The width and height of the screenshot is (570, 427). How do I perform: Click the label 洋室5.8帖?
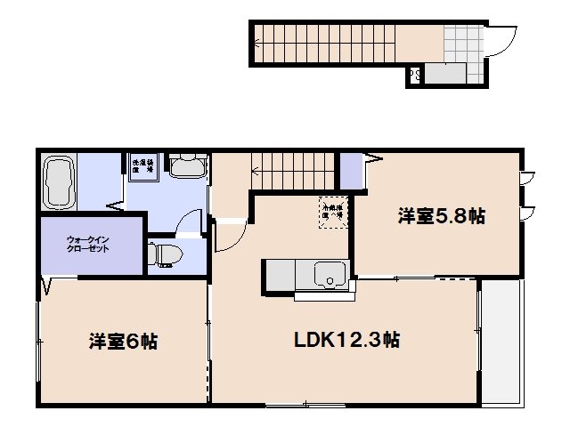441,215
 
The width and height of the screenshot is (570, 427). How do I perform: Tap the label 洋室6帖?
123,341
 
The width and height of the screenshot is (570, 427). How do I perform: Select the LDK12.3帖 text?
347,339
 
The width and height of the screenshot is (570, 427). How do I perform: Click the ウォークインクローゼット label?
89,244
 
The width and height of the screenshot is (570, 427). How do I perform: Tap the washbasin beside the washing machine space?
187,167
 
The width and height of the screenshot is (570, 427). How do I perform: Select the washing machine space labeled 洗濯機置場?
143,167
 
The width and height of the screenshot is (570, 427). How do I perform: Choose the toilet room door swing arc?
188,222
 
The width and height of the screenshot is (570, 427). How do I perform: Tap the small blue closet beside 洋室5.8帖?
353,172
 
